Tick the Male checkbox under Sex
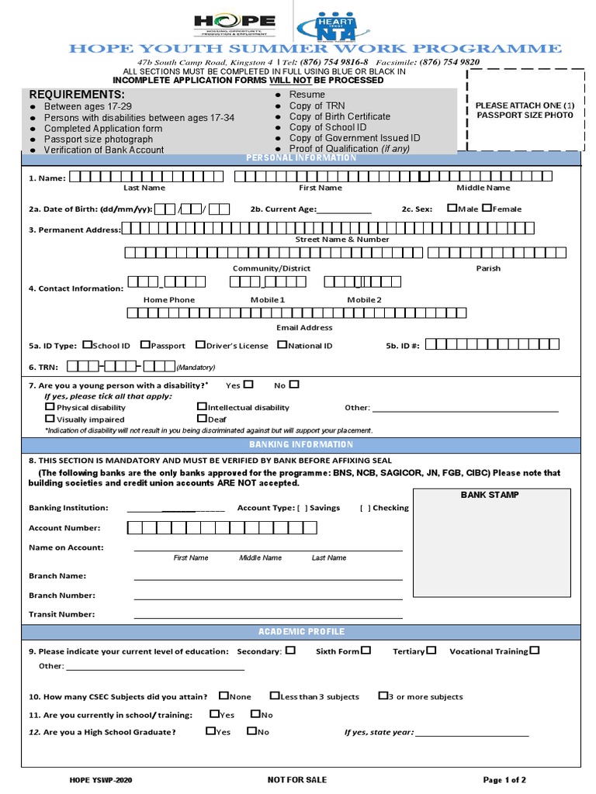click(452, 208)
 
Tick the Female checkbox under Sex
click(487, 208)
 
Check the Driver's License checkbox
click(200, 345)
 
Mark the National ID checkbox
click(282, 345)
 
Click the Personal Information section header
click(301, 158)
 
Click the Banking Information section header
click(301, 445)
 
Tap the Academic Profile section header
click(301, 632)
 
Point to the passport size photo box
click(525, 109)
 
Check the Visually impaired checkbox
click(50, 419)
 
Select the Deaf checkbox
click(202, 419)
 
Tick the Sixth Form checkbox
click(366, 651)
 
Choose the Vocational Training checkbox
click(535, 651)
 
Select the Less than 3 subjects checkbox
click(275, 696)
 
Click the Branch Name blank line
click(268, 578)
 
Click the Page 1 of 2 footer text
click(504, 779)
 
